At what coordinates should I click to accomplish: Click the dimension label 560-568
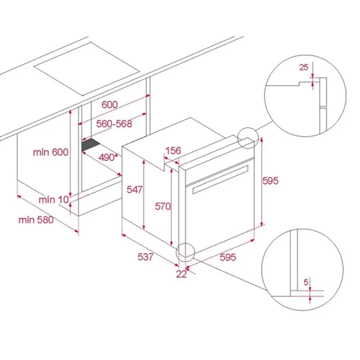pos(114,124)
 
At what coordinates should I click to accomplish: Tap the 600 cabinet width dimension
pos(109,105)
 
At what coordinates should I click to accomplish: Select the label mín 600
pos(51,152)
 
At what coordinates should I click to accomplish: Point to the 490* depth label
pos(108,158)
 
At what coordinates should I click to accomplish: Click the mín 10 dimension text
pos(54,200)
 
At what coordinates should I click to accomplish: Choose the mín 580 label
pos(36,220)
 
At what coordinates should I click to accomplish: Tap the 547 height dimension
pos(135,190)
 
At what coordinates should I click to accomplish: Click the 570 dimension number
pos(163,206)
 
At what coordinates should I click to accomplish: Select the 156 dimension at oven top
pos(173,151)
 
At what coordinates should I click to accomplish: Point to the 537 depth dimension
pos(145,257)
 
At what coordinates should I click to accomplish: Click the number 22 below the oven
pos(181,274)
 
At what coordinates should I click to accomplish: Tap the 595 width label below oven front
pos(228,257)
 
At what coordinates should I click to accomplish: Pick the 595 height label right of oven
pos(270,181)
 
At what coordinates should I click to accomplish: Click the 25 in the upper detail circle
pos(303,67)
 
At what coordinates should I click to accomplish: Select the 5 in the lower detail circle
pos(306,282)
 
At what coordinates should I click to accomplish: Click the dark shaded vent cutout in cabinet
pos(91,145)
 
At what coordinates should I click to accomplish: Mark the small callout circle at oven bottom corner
pos(185,243)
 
